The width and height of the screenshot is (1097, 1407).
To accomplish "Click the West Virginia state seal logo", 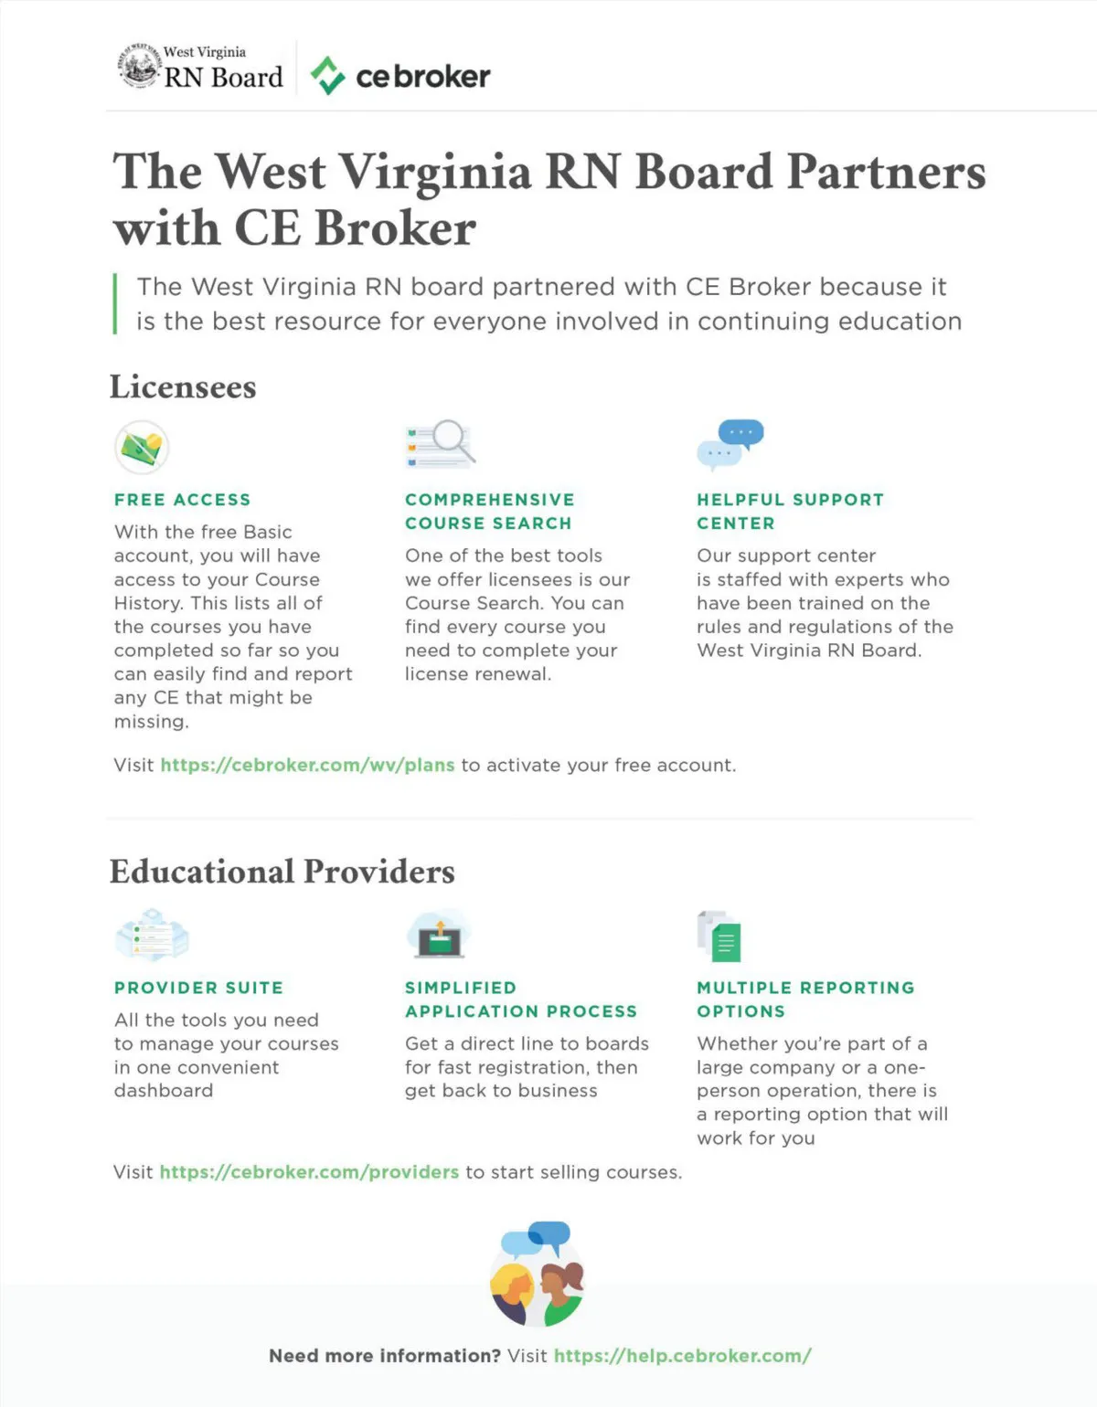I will pos(139,67).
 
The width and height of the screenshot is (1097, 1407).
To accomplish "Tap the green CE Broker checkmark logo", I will pos(327,76).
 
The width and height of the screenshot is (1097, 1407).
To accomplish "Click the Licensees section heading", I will pos(183,386).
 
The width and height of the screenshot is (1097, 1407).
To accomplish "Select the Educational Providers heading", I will pos(282,871).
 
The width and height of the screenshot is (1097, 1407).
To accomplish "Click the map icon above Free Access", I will pos(142,447).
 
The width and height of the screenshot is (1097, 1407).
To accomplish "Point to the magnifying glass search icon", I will pos(441,444).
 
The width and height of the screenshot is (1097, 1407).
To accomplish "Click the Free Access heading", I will pos(182,500).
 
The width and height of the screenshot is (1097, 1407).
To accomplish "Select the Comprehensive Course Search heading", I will pos(489,512).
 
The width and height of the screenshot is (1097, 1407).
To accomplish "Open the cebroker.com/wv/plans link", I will pos(307,765).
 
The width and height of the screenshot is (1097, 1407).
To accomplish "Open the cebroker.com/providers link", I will pos(309,1171).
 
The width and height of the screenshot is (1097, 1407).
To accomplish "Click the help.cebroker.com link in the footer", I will pos(682,1356).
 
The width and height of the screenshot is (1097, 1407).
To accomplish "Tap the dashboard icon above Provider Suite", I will pos(152,935).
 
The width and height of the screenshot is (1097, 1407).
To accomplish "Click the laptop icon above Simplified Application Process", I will pos(439,935).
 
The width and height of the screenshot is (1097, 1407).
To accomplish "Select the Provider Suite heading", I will pos(198,988).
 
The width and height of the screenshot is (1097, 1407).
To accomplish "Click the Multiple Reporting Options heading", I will pos(804,1000).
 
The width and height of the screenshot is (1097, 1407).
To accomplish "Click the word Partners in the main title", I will pos(886,172).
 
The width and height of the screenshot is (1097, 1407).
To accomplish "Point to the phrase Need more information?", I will pos(384,1356).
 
